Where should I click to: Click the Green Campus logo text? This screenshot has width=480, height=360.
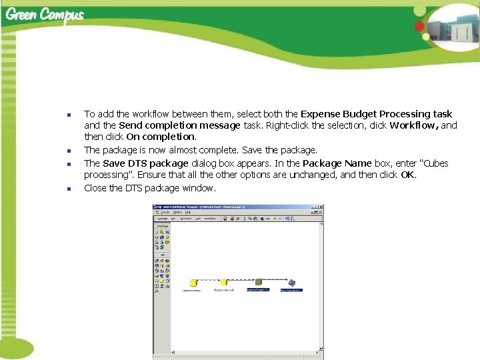click(45, 15)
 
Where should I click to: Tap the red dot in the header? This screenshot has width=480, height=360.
click(419, 27)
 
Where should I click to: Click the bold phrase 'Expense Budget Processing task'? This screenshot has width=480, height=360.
click(376, 114)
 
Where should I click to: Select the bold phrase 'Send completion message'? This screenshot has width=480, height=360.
click(179, 125)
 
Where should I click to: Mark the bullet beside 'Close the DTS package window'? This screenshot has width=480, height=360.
click(69, 189)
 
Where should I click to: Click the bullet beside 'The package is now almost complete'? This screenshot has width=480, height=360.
click(69, 151)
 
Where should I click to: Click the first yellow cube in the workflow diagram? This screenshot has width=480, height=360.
click(193, 283)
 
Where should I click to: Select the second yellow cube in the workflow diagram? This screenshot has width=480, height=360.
click(224, 282)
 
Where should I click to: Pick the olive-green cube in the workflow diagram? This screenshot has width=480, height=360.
click(259, 282)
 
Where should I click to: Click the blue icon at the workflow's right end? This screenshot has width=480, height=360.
click(292, 282)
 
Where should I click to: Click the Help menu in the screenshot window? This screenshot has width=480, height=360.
click(188, 213)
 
